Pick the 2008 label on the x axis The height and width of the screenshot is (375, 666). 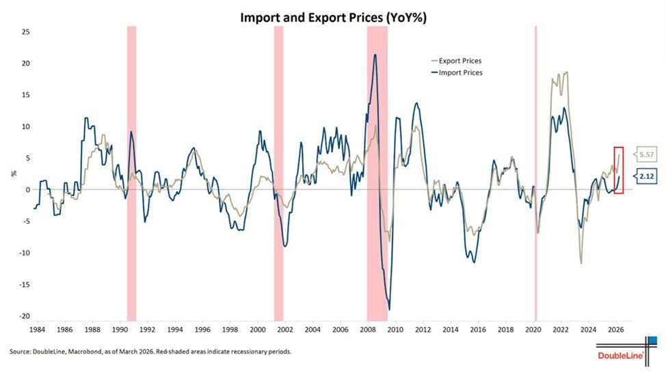(x=367, y=329)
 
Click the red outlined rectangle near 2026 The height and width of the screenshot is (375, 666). (x=618, y=170)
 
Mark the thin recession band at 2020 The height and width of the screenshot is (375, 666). (x=535, y=171)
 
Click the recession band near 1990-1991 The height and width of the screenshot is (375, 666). (x=131, y=171)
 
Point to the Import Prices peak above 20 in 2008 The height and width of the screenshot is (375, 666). (x=375, y=55)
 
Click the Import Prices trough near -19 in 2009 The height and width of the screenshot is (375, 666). (x=389, y=309)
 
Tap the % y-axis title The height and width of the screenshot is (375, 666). (x=12, y=173)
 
